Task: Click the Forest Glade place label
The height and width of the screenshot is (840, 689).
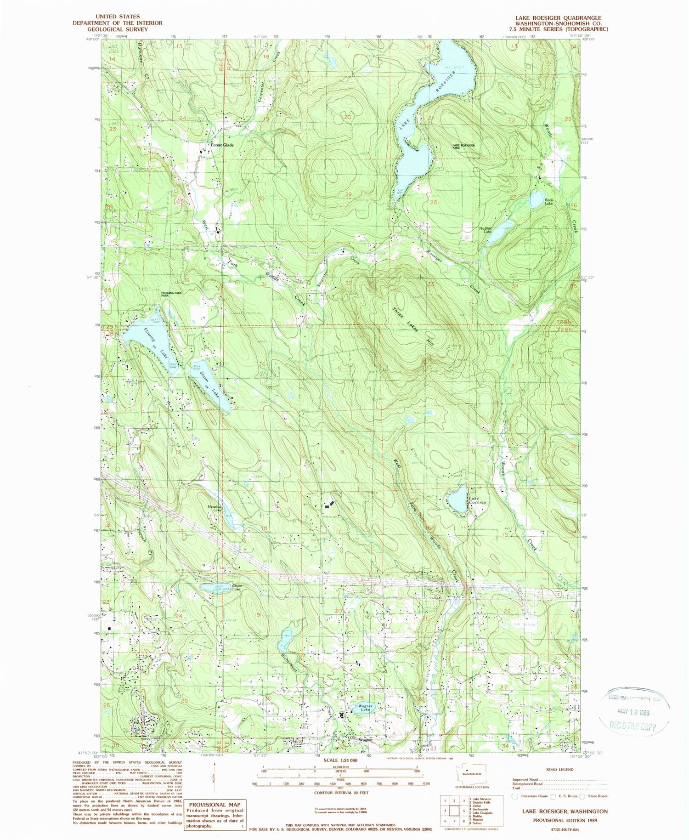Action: click(222, 145)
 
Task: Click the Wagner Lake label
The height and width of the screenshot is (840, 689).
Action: click(365, 708)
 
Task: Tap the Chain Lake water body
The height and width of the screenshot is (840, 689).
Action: click(215, 589)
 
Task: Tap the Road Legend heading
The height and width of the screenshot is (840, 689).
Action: click(559, 769)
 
